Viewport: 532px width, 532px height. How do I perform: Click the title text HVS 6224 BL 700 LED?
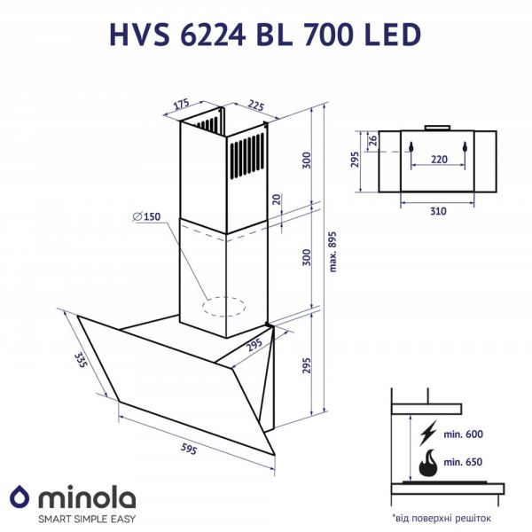[x=264, y=33]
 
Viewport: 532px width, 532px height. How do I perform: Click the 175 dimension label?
[x=183, y=104]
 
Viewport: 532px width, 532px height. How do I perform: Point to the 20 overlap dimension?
[x=277, y=200]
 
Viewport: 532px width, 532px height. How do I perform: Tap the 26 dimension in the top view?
[x=373, y=139]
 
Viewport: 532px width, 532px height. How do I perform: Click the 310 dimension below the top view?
[x=436, y=211]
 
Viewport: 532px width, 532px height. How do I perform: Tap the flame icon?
[x=428, y=463]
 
